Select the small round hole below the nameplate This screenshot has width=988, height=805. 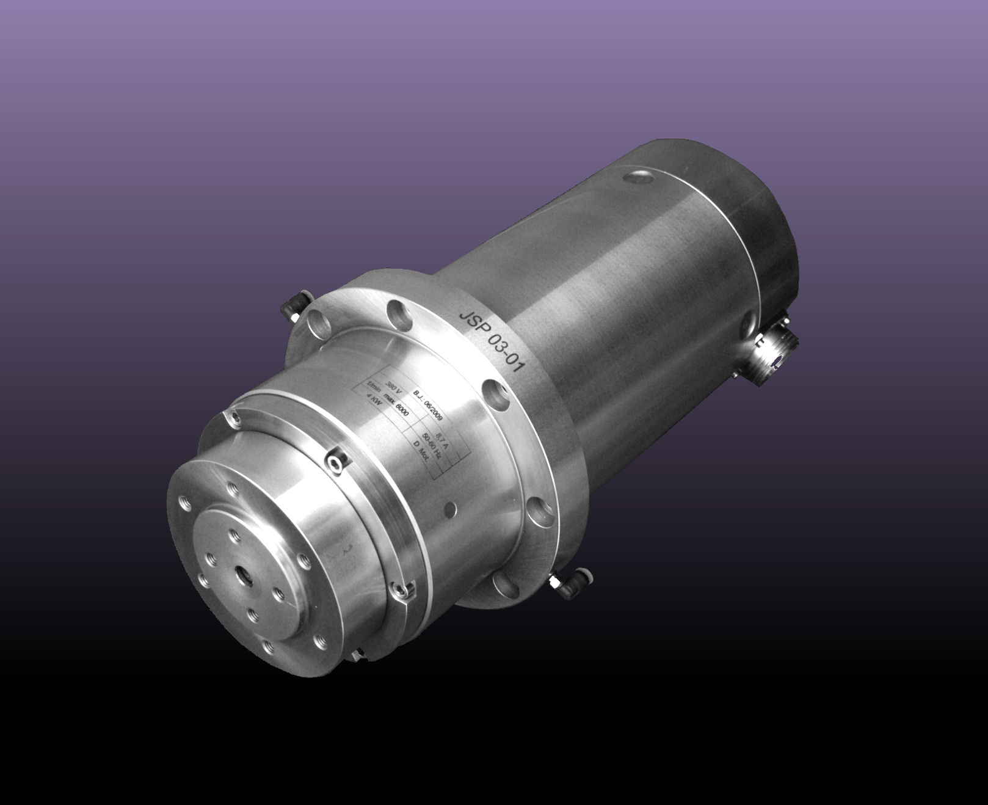451,506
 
